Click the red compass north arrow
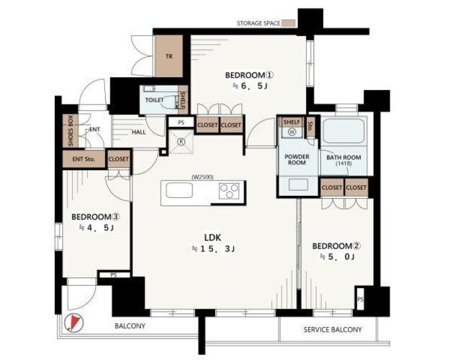pos(75,321)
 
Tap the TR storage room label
pos(169,56)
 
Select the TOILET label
pos(154,100)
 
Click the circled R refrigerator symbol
pos(181,141)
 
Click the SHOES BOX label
pos(71,130)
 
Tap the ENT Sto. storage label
pos(84,158)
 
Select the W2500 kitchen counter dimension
pos(202,177)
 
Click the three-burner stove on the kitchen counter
pos(229,191)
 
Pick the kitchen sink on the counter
pos(179,190)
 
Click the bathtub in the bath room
pos(344,131)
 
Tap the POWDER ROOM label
pos(297,160)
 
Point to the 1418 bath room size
pos(343,163)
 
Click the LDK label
pos(212,238)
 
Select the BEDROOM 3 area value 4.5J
pos(96,228)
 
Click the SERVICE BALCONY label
pos(333,330)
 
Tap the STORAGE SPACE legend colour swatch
pos(289,24)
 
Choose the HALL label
pos(139,132)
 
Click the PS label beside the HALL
pos(181,122)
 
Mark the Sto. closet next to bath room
pos(310,126)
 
